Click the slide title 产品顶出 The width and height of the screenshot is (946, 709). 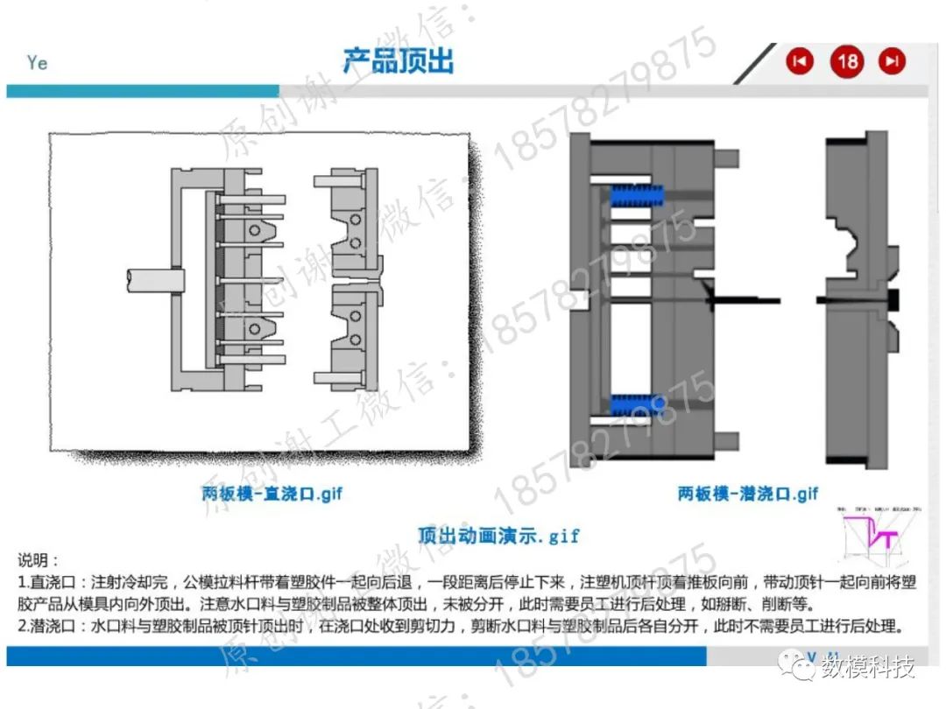tap(398, 61)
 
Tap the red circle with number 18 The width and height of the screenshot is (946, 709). tap(847, 61)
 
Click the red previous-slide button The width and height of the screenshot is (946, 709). tap(799, 61)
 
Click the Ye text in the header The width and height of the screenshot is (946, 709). tap(37, 63)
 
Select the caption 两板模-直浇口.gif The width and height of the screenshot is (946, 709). tap(272, 494)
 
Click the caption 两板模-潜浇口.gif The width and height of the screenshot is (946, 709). tap(748, 494)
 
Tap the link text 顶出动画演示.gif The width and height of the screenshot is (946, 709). tap(498, 535)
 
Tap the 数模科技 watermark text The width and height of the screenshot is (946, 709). tap(867, 669)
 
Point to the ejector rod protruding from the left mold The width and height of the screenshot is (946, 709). tap(154, 280)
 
